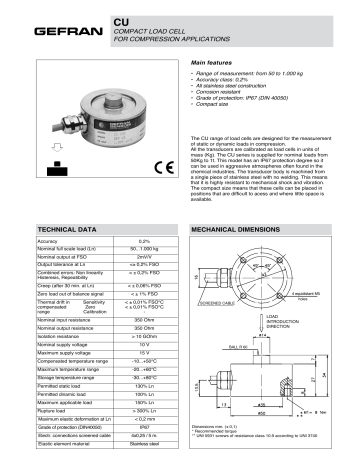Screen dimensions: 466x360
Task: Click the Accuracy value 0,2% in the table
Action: pyautogui.click(x=143, y=242)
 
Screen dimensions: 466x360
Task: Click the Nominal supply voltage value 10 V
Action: pyautogui.click(x=143, y=343)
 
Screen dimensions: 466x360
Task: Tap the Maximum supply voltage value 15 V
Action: pyautogui.click(x=143, y=352)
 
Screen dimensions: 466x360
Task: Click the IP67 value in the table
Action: pyautogui.click(x=143, y=427)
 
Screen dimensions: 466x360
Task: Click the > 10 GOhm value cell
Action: pyautogui.click(x=143, y=334)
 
